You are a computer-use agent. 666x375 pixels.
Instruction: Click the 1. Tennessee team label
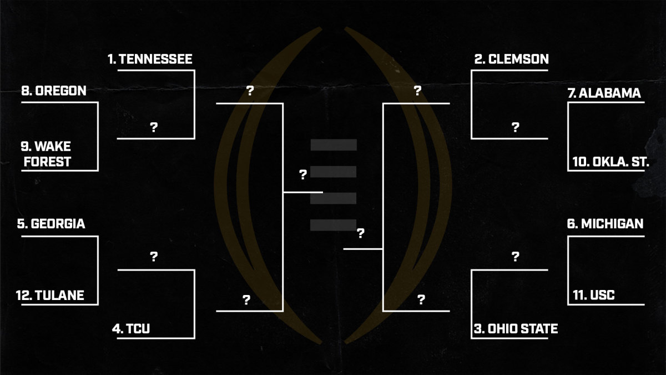coord(150,59)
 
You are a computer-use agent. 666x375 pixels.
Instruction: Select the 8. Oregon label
coord(54,91)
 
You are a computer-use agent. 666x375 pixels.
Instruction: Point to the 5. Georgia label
coord(51,224)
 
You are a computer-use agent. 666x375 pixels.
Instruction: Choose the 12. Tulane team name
coord(50,295)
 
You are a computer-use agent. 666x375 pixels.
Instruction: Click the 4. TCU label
coord(131,329)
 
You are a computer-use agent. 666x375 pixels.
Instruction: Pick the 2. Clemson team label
coord(511,59)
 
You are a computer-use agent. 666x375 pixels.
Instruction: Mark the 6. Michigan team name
coord(605,224)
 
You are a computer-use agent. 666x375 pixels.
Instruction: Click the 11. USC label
coord(593,295)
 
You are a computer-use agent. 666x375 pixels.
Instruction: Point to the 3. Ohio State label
coord(516,329)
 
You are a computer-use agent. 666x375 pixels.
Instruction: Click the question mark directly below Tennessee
coord(154,127)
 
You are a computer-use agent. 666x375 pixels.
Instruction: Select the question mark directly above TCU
coord(154,256)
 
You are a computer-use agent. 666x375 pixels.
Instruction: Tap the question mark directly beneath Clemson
coord(515,127)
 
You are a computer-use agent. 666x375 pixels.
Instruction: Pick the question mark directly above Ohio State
coord(515,256)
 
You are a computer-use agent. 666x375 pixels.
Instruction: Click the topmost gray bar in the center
coord(333,145)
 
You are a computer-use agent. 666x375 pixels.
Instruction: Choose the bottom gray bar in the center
coord(333,225)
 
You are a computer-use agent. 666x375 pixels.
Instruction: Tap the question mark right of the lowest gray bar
coord(360,233)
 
